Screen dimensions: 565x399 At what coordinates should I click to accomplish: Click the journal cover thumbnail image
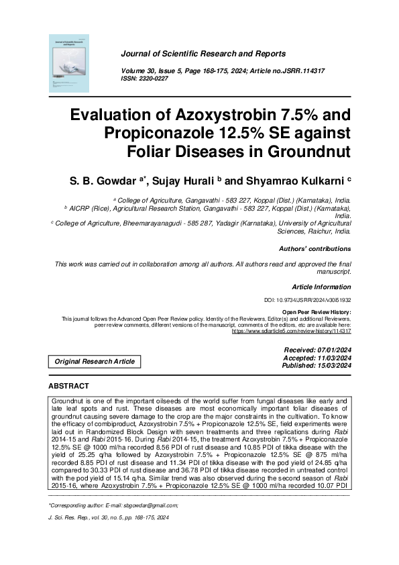[x=69, y=64]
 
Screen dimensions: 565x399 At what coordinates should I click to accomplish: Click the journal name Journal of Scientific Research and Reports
[x=203, y=54]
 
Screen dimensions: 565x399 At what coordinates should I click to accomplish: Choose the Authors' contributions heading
[x=315, y=249]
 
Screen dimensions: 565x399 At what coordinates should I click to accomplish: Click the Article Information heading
[x=321, y=287]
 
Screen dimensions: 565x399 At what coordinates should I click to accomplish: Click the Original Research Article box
[x=95, y=362]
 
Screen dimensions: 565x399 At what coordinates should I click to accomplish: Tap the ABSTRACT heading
[x=69, y=387]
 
